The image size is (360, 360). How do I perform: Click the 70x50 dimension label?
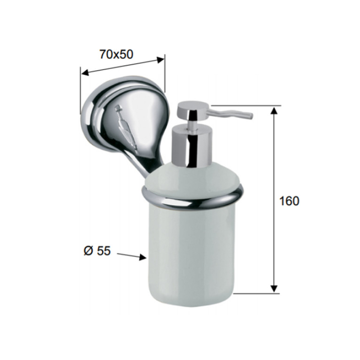116,54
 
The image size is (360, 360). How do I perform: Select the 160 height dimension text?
289,201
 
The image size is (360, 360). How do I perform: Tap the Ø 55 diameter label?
97,251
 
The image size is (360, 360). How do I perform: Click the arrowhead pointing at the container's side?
143,257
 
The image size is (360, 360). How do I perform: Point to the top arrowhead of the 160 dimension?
274,110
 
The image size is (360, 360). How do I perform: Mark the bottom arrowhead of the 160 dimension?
274,289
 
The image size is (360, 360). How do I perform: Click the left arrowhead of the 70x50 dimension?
85,73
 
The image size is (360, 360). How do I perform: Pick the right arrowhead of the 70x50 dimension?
161,60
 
